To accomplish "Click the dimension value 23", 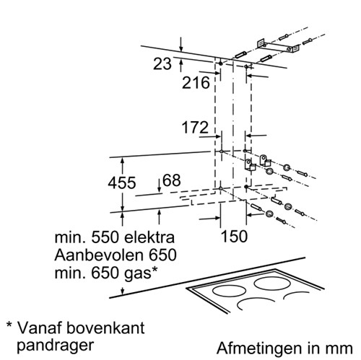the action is pos(162,63).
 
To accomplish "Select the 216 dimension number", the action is pos(196,83).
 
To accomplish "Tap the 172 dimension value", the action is pos(195,127).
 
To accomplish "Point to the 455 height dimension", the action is pos(122,183).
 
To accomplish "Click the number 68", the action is pos(172,180).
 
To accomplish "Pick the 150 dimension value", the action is pos(234,236).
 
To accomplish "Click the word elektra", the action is pos(149,237).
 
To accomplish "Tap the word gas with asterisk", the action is pos(141,273).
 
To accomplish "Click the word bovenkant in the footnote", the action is pos(105,328).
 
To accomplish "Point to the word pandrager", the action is pos(55,346).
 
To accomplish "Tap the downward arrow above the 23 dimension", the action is pos(181,45).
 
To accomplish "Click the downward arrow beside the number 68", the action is pos(159,185).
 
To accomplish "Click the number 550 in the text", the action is pos(105,237).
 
